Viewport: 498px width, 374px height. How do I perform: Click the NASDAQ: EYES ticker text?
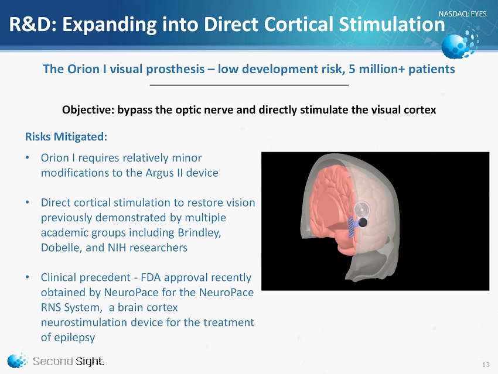(462, 13)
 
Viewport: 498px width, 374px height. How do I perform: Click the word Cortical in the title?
(299, 24)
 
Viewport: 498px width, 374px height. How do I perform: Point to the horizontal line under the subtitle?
(249, 85)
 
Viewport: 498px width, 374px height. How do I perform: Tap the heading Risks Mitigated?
(66, 137)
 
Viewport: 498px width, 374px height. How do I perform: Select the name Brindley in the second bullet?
(199, 232)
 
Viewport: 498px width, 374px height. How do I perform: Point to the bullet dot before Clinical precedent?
(28, 277)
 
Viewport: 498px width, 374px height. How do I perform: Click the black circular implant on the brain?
(362, 222)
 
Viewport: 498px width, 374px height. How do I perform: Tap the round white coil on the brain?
(362, 210)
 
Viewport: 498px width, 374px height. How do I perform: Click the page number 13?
(486, 365)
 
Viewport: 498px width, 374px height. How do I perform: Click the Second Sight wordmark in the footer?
(69, 361)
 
